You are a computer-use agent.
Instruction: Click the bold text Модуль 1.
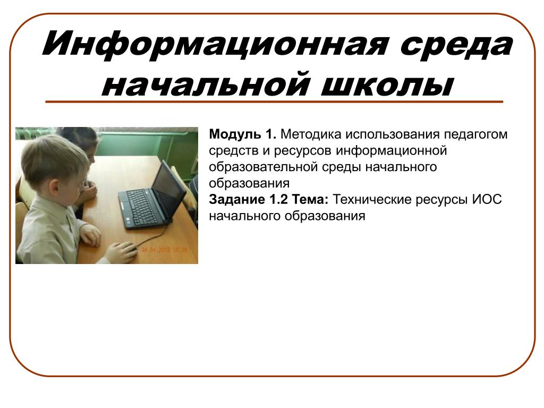(x=242, y=134)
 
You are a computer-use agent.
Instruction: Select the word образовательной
(x=263, y=167)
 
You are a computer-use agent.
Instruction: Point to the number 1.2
(x=278, y=200)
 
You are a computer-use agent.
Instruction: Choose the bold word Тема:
(x=310, y=200)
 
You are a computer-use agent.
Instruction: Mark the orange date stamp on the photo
(x=164, y=250)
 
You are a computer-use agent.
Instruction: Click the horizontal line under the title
(x=274, y=102)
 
